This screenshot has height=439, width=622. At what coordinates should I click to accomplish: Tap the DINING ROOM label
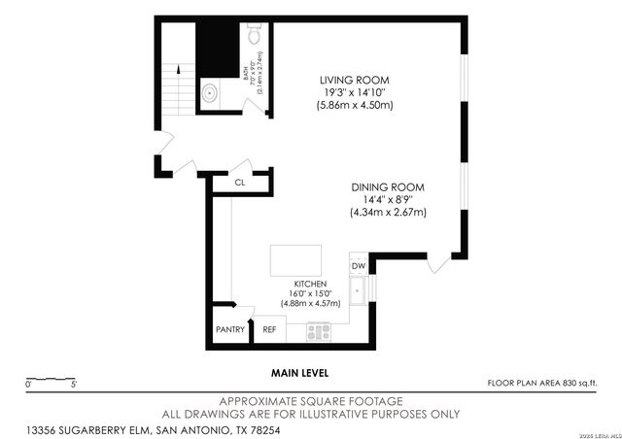pos(387,186)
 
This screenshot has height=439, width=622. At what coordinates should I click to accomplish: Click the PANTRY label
pos(230,329)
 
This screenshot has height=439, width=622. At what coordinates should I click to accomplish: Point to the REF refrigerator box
pos(269,329)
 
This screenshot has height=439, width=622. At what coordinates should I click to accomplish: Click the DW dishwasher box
pos(358,265)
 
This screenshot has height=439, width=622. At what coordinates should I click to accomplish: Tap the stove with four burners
pos(319,331)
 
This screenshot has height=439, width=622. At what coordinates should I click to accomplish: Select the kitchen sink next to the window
pos(359,289)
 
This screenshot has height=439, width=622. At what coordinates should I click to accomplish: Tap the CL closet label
pos(239,182)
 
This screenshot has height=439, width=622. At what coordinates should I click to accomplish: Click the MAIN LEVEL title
pos(299,373)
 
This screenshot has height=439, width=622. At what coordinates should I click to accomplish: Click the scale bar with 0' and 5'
pos(52,380)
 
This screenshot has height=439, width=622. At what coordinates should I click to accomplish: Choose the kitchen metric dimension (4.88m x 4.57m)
pos(310,303)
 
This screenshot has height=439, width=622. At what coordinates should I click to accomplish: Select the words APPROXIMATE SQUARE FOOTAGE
pos(311,401)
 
